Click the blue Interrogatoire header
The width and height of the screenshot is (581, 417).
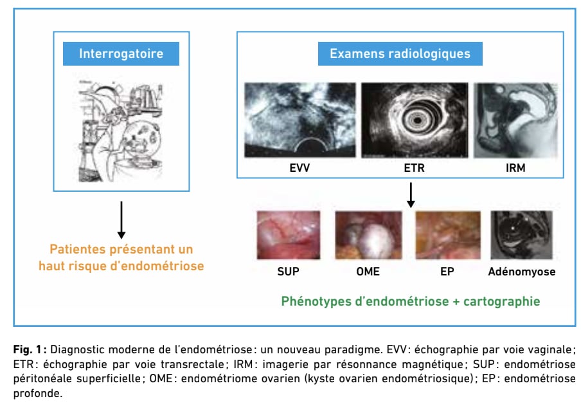pos(121,54)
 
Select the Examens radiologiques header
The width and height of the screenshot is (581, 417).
pos(400,54)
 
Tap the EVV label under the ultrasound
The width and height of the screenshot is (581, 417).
pos(299,168)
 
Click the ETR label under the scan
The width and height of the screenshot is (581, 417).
pos(415,168)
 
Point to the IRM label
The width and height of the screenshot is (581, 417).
pos(515,168)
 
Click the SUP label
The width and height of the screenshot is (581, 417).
pos(289,272)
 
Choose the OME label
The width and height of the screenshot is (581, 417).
pos(368,272)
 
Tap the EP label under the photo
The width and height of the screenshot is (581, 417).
pos(447,272)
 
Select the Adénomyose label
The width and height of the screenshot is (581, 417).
pos(522,272)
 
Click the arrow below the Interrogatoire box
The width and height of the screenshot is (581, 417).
pos(121,220)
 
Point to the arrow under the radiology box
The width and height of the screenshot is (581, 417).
pos(411,195)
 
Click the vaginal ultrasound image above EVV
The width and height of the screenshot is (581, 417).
pos(299,120)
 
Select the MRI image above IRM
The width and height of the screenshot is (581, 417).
pos(516,120)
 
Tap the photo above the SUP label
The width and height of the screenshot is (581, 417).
pos(289,235)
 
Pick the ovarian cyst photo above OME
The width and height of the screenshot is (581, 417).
pos(368,235)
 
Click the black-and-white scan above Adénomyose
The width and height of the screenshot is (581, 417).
pos(521,235)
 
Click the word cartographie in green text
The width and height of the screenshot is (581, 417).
pos(502,301)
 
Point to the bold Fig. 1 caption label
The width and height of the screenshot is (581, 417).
pos(30,349)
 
